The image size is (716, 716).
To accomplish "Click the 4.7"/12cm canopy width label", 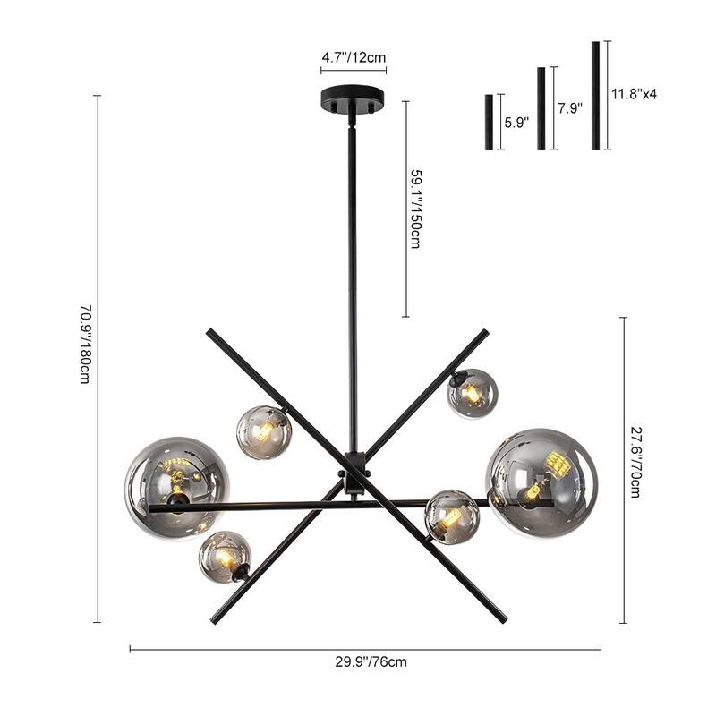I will point(354,57).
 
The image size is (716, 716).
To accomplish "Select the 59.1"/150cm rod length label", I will point(415,209).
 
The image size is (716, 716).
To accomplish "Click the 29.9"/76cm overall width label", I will point(364,662).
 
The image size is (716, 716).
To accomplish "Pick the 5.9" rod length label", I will point(516,123).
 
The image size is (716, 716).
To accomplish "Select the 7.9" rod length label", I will point(569,108).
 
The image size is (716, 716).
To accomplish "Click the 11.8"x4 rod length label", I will point(634,93).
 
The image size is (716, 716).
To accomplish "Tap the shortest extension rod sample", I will point(490,122).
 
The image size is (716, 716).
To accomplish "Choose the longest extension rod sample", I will point(595,96).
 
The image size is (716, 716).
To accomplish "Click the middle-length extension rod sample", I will point(541,108).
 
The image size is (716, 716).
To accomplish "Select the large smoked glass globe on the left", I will point(177,488).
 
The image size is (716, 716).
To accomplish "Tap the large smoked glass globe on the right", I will point(541,483).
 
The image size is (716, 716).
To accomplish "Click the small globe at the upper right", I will point(473,393).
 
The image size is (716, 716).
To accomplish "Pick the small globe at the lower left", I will point(225,557).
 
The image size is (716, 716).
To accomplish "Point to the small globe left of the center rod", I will point(263,432).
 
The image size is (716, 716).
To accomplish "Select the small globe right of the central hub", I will point(451,516).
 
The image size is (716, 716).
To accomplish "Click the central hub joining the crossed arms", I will point(354,474).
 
